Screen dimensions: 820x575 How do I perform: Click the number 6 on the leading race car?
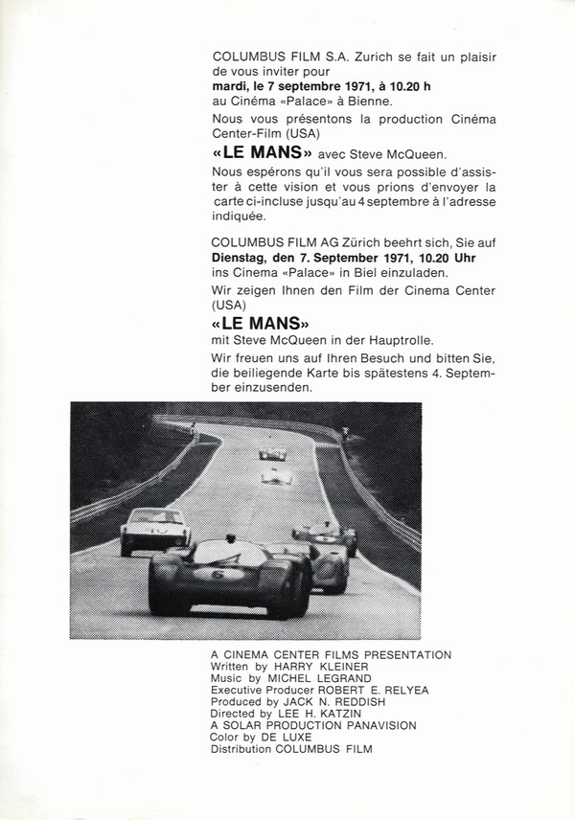pos(218,576)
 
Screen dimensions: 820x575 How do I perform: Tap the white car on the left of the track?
pos(153,530)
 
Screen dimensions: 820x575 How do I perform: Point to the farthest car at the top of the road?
pos(272,452)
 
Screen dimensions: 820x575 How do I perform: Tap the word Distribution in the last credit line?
pos(242,749)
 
